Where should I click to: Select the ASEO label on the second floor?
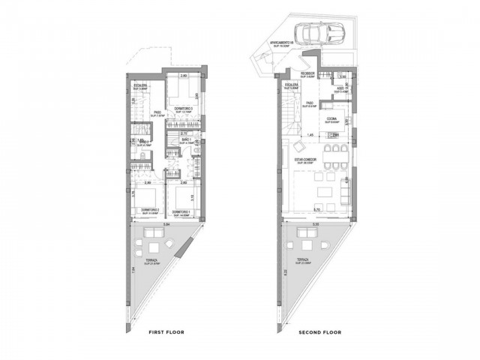pyautogui.click(x=340, y=88)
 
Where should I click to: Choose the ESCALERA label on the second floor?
pyautogui.click(x=291, y=85)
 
